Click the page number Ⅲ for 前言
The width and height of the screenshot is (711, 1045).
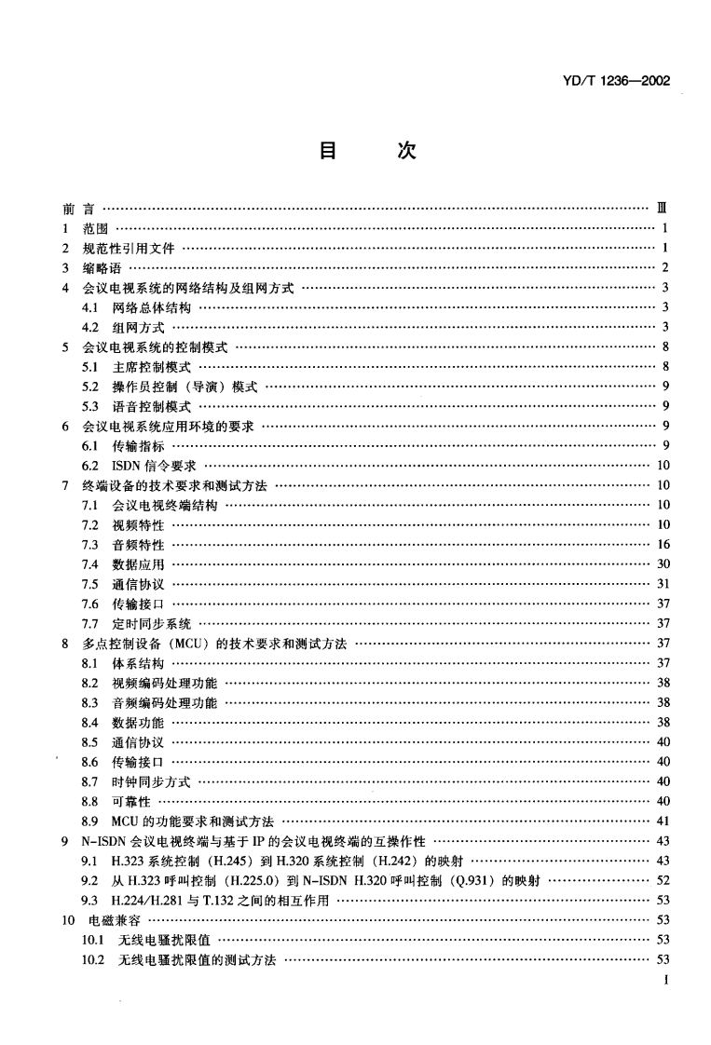pyautogui.click(x=660, y=208)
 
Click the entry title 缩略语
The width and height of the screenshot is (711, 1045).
pyautogui.click(x=90, y=268)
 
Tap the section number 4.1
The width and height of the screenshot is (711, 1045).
pyautogui.click(x=91, y=307)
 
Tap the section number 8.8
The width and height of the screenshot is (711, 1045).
pyautogui.click(x=91, y=801)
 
